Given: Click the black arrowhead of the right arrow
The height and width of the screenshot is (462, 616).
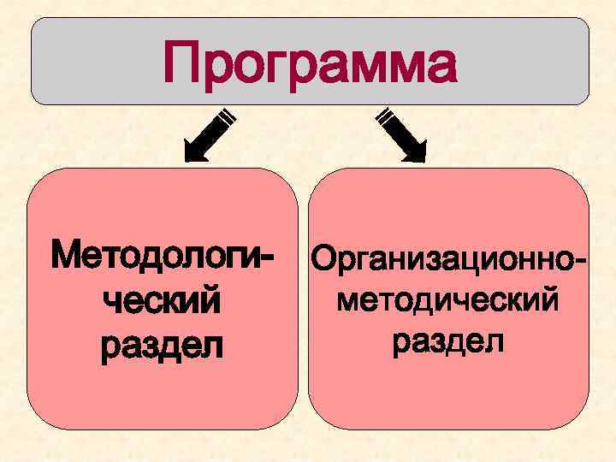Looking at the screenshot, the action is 417,151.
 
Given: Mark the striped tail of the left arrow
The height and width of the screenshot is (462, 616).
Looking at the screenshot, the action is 227,115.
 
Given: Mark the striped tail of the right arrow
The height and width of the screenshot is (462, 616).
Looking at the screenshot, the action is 384,115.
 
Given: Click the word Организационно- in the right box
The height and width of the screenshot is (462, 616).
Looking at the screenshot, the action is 448,257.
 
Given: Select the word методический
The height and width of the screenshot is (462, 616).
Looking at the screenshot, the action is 447,300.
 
